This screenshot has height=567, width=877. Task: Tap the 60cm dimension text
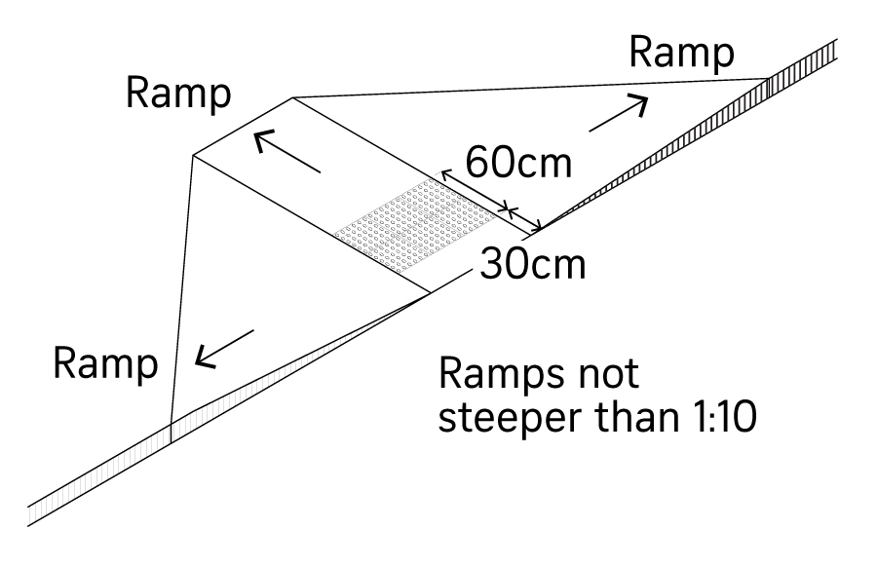click(x=517, y=161)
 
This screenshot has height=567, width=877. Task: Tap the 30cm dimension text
click(x=532, y=264)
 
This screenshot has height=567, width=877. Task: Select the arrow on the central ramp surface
click(x=286, y=154)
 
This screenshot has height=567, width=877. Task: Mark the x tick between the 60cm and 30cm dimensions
click(x=507, y=208)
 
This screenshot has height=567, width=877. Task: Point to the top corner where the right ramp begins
click(x=294, y=96)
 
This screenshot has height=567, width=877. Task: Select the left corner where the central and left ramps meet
click(x=194, y=155)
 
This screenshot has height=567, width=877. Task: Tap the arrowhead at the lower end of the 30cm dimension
click(x=539, y=231)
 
